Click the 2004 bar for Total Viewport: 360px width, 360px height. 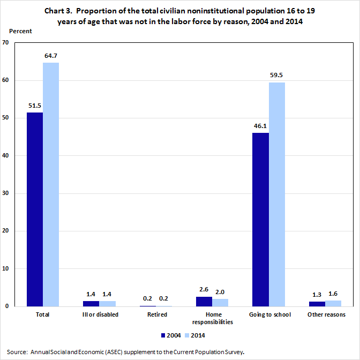coord(35,209)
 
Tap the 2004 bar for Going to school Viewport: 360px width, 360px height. coord(261,219)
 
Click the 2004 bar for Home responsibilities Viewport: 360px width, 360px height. coord(204,302)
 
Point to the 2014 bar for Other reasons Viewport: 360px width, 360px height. coord(333,303)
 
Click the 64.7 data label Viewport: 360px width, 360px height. coord(51,55)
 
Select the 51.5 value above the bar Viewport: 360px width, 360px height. coord(35,105)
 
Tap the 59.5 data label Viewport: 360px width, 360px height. coord(277,75)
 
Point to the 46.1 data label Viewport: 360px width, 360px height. coord(261,125)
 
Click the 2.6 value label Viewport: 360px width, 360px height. coord(204,289)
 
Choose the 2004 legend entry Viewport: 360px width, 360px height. coord(170,335)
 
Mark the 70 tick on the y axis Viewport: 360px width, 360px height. coord(6,42)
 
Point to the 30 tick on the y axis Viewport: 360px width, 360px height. coord(6,193)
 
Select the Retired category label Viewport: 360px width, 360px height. coord(157,314)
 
